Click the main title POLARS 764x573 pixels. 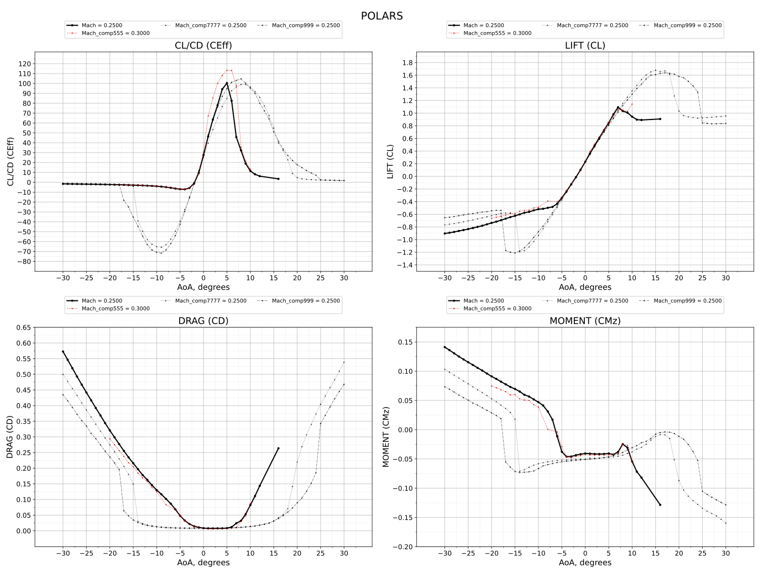coord(381,15)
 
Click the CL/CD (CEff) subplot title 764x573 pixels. coord(203,45)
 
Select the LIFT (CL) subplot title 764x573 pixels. coord(585,45)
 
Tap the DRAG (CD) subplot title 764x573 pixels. coord(203,321)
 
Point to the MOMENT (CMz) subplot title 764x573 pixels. coord(585,321)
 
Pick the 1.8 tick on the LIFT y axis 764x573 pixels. coord(407,62)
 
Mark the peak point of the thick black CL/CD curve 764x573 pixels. coord(227,84)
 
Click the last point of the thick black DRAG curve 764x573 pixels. coord(278,448)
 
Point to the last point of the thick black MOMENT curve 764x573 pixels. coord(660,504)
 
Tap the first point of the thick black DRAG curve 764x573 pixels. coord(63,351)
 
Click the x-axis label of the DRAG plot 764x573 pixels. coord(203,562)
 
